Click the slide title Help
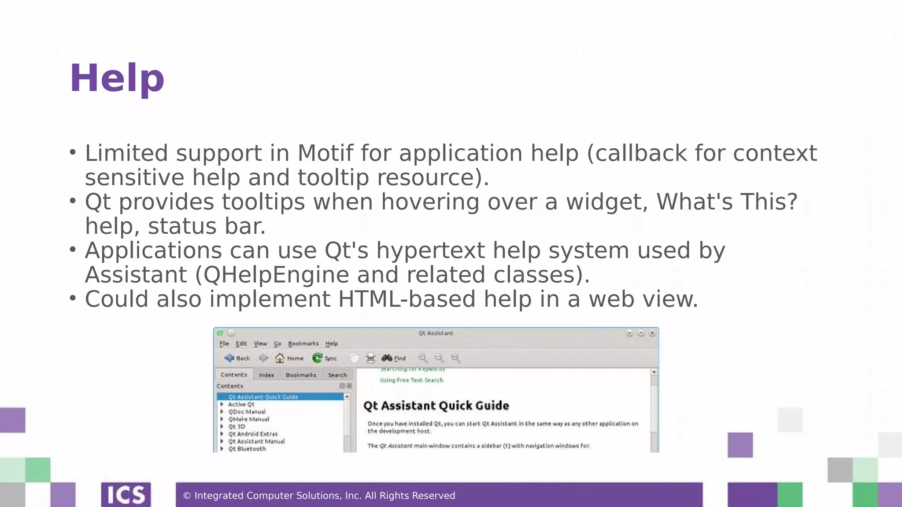(117, 78)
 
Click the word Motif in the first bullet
(325, 153)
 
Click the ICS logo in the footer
(126, 495)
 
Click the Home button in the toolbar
(289, 358)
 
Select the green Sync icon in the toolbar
(317, 358)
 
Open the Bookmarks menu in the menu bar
(303, 344)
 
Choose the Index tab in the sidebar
(266, 375)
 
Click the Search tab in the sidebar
(337, 375)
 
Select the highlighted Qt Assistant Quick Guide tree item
(263, 397)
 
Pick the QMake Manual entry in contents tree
(248, 419)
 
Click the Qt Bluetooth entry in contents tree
(247, 449)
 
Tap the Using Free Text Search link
(411, 380)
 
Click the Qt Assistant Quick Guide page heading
(436, 406)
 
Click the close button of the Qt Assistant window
(652, 333)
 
